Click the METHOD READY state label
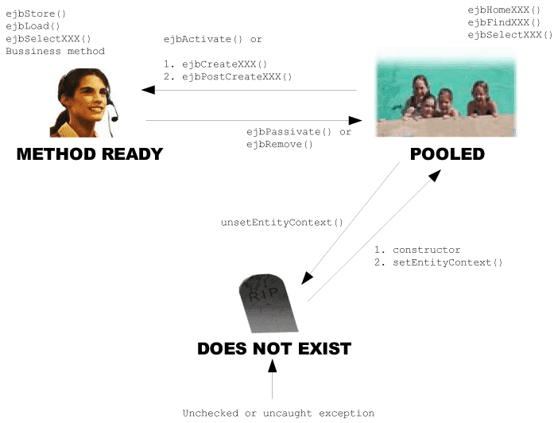[x=90, y=155]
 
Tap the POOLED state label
[x=447, y=155]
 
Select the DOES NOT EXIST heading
[x=274, y=348]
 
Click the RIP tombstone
[x=268, y=304]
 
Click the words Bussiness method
[x=55, y=52]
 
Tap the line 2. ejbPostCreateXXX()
[x=227, y=77]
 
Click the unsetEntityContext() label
[x=281, y=223]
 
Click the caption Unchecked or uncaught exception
[x=278, y=413]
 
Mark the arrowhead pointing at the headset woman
[x=148, y=90]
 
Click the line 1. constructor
[x=416, y=250]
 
